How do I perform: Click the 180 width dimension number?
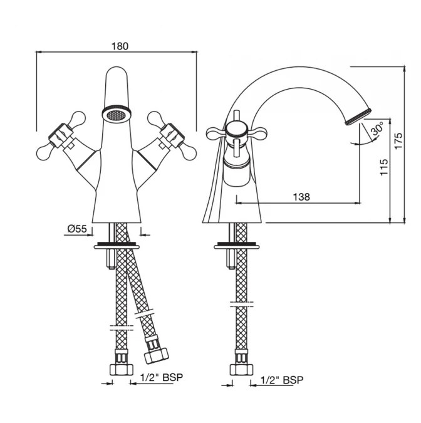coord(120,46)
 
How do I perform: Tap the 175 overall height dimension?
coord(398,140)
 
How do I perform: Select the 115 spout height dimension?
coord(384,167)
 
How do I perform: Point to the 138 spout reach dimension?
coord(301,197)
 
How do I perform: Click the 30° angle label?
coord(377,129)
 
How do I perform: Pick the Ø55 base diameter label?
coord(77,229)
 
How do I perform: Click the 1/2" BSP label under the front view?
coord(162,377)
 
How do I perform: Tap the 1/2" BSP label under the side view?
coord(282,380)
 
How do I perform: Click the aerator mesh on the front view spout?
coord(116,115)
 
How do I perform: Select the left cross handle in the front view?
coord(61,136)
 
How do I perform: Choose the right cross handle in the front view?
coord(172,136)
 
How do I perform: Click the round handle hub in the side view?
coord(236,130)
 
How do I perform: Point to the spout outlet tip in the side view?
coord(358,117)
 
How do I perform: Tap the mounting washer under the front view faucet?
coord(117,246)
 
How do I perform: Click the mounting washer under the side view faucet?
coord(237,246)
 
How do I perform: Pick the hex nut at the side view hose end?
coord(241,369)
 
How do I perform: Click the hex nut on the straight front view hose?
coord(122,369)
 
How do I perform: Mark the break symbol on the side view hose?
coord(242,304)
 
